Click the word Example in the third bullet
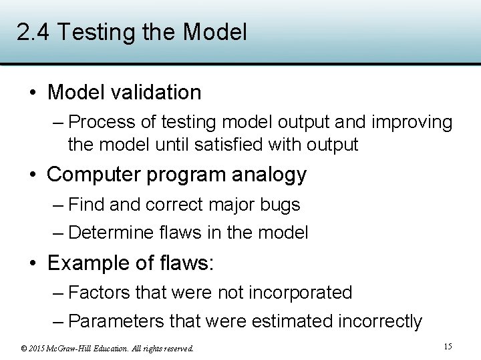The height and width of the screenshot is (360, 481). tap(89, 263)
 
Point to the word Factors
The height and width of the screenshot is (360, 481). tap(99, 293)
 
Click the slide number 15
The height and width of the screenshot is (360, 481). tap(448, 346)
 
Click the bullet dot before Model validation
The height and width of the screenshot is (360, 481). tap(32, 93)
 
